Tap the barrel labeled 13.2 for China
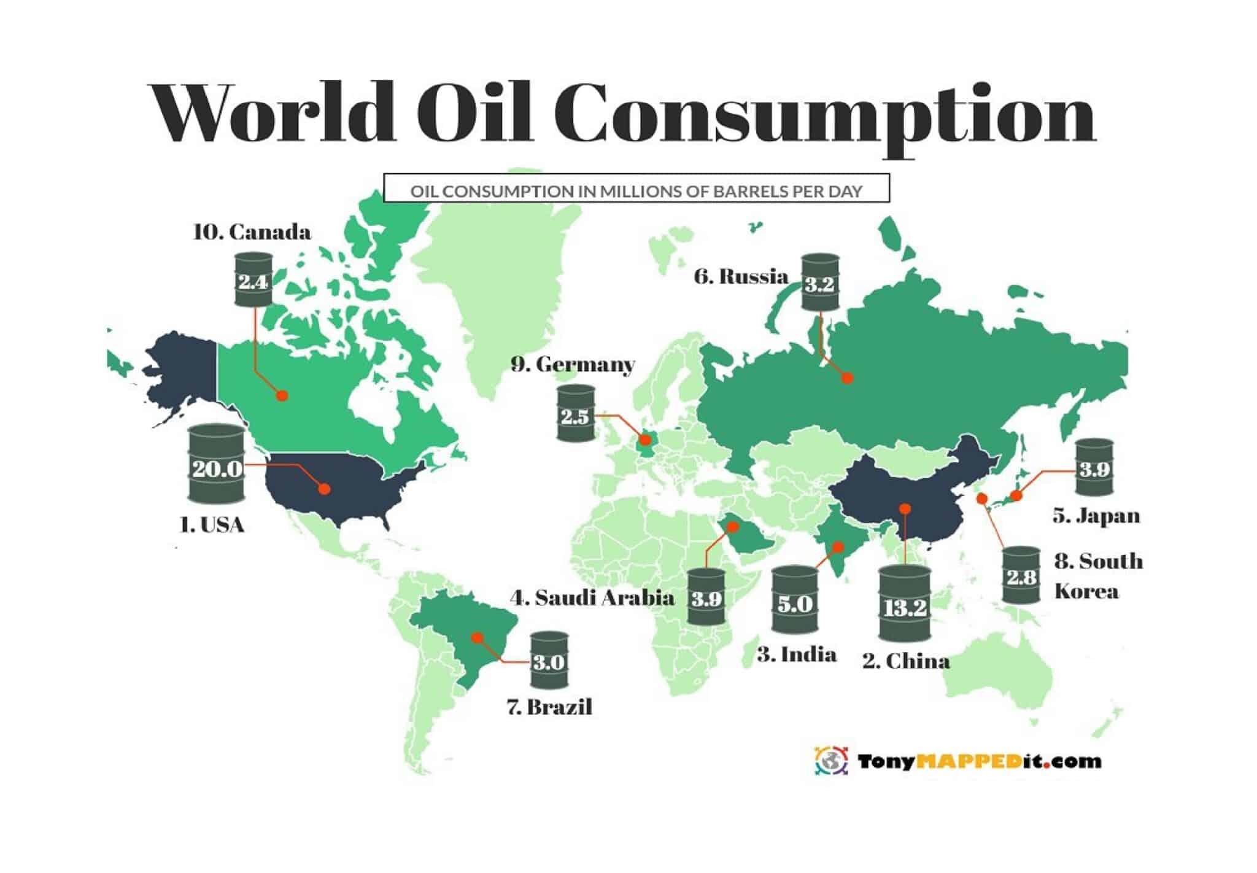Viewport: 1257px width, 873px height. tap(904, 603)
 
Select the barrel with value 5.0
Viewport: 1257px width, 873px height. tap(795, 600)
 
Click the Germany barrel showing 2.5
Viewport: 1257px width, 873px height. tap(576, 413)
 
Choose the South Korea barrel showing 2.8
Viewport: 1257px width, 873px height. tap(1021, 575)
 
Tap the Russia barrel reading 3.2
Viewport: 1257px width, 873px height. tap(821, 282)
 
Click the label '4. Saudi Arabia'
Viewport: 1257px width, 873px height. tap(592, 597)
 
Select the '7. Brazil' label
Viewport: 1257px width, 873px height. tap(550, 707)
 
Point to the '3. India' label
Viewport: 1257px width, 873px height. tap(797, 654)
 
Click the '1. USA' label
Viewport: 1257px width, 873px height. tap(212, 526)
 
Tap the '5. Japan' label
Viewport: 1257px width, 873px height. tap(1096, 516)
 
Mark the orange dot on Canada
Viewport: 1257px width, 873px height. tap(282, 395)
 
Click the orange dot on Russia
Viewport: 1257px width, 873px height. tap(847, 378)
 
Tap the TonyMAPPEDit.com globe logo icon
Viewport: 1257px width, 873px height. tap(831, 761)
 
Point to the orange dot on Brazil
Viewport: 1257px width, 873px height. tap(477, 637)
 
